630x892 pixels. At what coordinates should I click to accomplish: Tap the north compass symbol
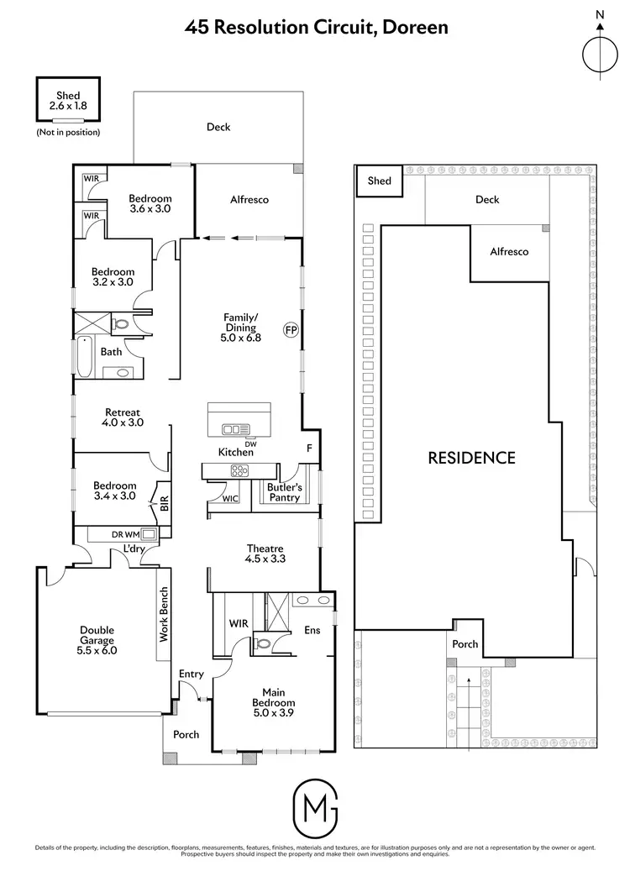[600, 52]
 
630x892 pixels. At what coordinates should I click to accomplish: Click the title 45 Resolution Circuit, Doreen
[317, 27]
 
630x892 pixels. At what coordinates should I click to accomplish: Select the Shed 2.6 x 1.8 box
[68, 101]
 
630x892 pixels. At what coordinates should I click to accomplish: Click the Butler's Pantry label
[284, 492]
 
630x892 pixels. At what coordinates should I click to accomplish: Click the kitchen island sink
[231, 429]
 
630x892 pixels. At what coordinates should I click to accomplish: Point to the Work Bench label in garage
[165, 615]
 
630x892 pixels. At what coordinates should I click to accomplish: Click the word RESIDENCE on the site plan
[471, 458]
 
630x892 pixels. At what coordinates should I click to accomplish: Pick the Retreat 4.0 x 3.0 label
[123, 417]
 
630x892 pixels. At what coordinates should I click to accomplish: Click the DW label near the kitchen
[250, 443]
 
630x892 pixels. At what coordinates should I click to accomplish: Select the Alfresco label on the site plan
[510, 251]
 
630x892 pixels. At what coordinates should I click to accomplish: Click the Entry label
[192, 674]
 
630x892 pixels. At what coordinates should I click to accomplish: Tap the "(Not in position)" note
[68, 132]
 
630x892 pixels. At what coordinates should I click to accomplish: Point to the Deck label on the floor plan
[218, 127]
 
